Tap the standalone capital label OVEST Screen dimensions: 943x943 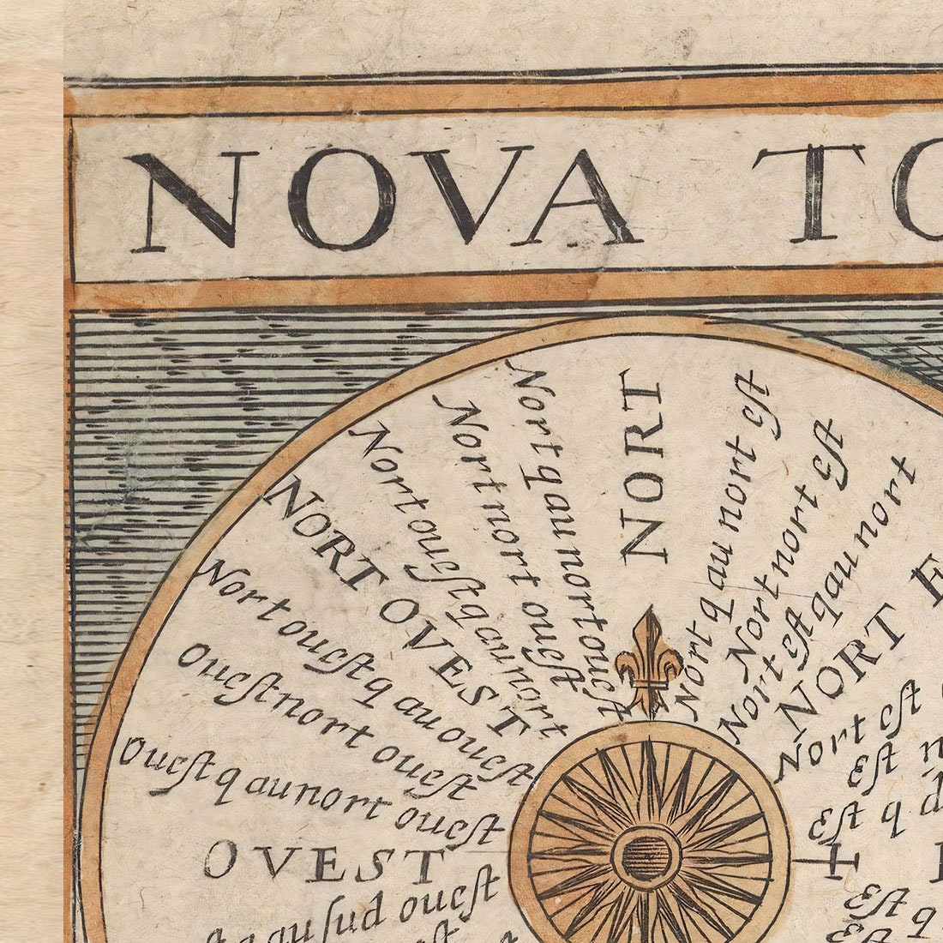(x=321, y=861)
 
